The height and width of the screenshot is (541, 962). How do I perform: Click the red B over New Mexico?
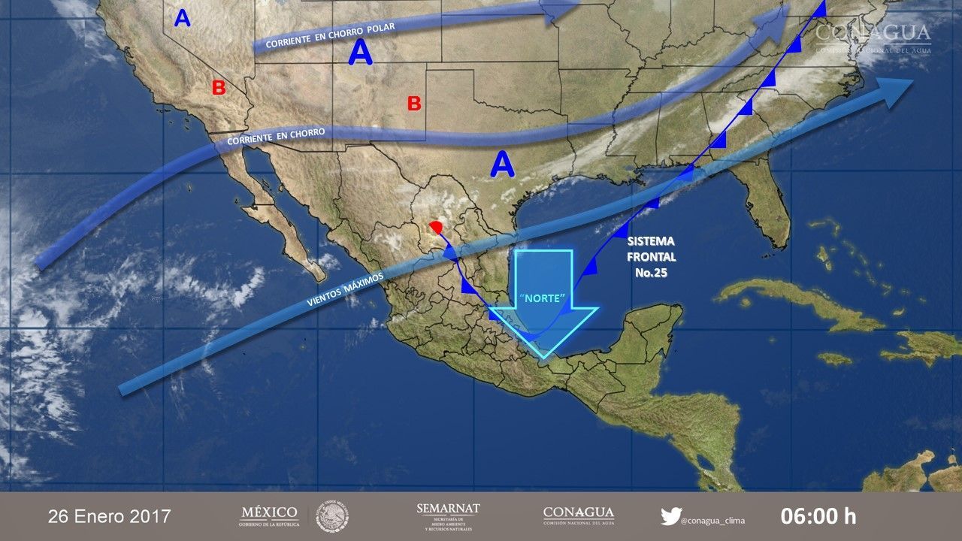coord(414,104)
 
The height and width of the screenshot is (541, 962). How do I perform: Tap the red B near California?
coord(219,88)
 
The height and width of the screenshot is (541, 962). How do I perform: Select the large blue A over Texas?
coord(502,165)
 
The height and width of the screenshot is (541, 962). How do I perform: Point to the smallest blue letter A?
coord(182,18)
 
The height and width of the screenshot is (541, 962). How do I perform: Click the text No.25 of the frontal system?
coord(651,274)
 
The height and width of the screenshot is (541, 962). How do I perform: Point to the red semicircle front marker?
coord(435,225)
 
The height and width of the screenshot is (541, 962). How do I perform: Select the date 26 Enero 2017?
coord(110,517)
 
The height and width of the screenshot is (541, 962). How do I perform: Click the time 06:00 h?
coord(818,516)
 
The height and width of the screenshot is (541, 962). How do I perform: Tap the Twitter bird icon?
coord(670,516)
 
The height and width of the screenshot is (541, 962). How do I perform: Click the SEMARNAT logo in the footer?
coord(448,516)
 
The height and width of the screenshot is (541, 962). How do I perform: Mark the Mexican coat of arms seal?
coord(331,516)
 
